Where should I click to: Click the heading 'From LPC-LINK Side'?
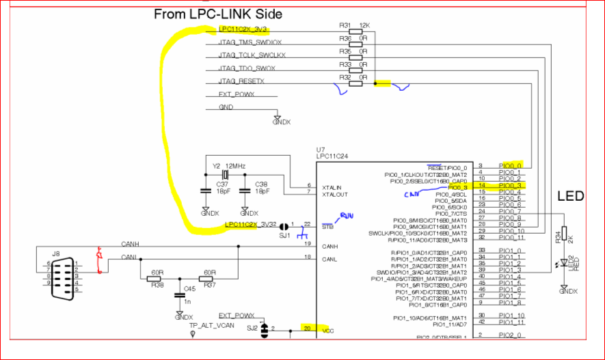217,14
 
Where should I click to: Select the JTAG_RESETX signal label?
241,81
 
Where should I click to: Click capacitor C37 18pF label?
222,187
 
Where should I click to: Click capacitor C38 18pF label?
261,187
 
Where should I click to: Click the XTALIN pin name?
332,186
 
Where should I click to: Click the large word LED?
569,197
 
